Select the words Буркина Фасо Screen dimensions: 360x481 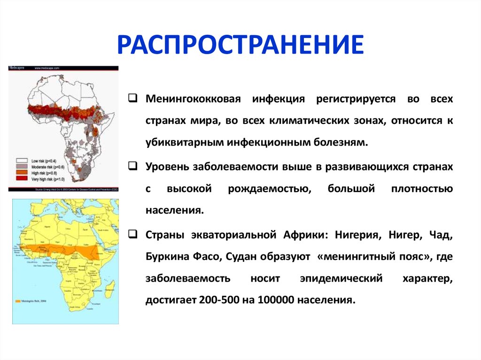pyautogui.click(x=180, y=256)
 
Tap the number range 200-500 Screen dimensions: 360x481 pyautogui.click(x=216, y=299)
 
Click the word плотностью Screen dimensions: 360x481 pyautogui.click(x=421, y=189)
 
